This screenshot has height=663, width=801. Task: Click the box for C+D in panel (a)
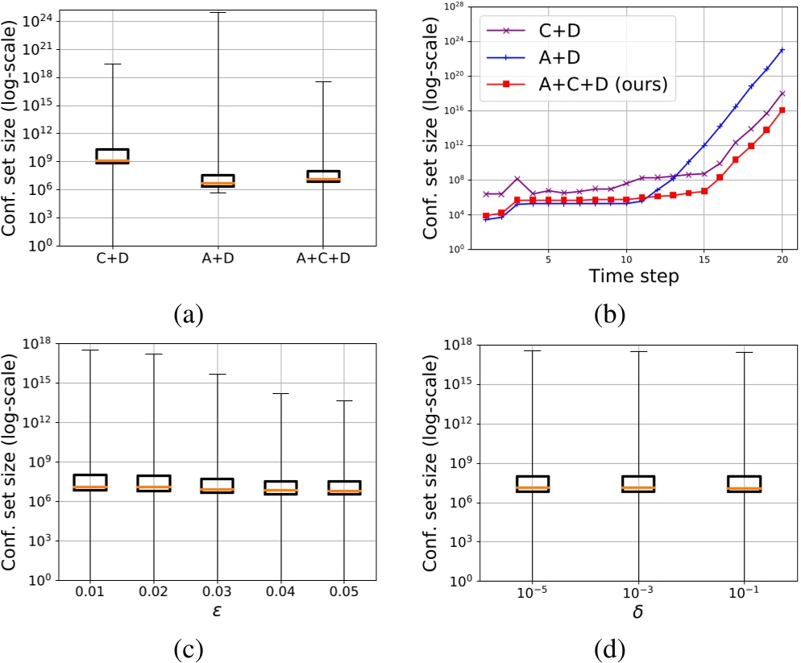[112, 156]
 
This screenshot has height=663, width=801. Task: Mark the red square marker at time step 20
[782, 110]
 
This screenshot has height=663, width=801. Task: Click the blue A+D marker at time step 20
[782, 50]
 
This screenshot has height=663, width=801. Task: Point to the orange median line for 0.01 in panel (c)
[90, 487]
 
